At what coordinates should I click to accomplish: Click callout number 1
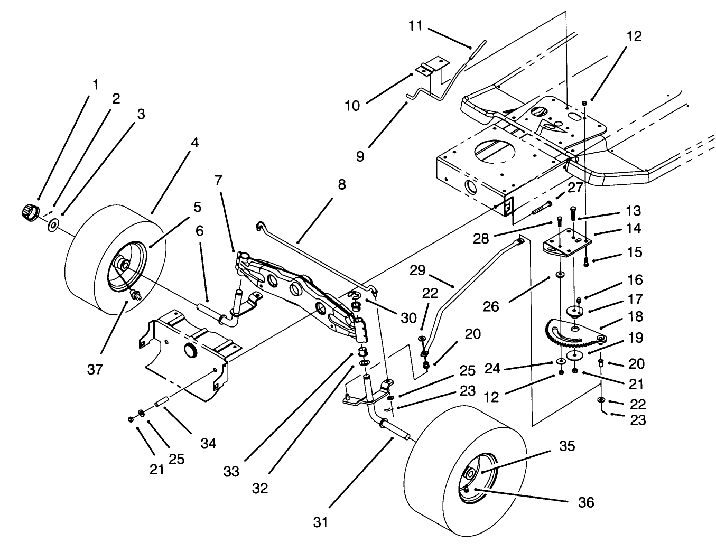tap(95, 85)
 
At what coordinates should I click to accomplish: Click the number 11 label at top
tap(416, 25)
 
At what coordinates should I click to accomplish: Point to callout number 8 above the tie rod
tap(342, 184)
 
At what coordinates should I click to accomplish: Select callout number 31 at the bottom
tap(320, 522)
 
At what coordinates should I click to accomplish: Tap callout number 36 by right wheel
tap(587, 502)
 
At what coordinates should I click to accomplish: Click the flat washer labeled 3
tap(53, 226)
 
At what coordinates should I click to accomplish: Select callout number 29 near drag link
tap(417, 271)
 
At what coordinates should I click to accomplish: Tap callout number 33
tap(231, 471)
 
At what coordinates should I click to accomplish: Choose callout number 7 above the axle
tap(218, 180)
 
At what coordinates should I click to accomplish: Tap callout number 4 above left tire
tap(195, 143)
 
